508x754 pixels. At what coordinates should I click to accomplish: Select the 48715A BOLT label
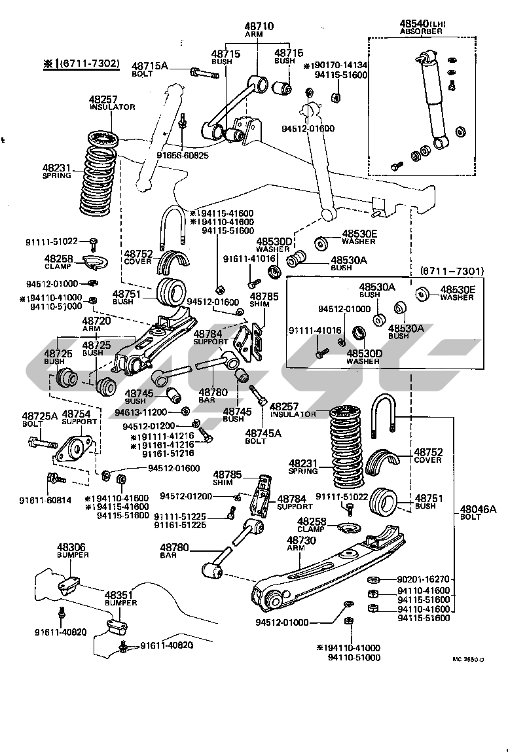click(150, 69)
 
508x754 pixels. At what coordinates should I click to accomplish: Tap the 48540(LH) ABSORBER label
click(422, 26)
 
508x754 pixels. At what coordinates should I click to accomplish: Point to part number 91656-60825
click(182, 155)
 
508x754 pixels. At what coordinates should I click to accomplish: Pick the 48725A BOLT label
click(40, 420)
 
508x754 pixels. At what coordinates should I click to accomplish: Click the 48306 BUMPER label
click(71, 550)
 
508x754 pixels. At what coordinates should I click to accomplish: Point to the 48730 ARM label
click(301, 544)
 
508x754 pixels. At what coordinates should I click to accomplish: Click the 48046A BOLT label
click(479, 512)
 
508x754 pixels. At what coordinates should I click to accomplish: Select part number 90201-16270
click(424, 579)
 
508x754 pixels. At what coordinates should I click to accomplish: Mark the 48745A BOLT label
click(263, 436)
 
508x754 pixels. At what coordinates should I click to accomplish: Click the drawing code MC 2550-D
click(469, 659)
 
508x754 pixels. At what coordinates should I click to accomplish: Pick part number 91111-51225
click(180, 516)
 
